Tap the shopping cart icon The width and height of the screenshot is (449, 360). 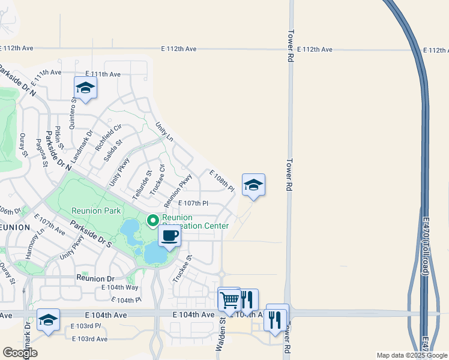pyautogui.click(x=229, y=299)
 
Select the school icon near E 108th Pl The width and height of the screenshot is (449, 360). pyautogui.click(x=253, y=185)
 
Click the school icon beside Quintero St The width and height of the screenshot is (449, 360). pyautogui.click(x=85, y=88)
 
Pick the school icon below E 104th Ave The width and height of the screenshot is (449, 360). pyautogui.click(x=48, y=320)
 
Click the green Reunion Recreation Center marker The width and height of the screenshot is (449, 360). pyautogui.click(x=152, y=221)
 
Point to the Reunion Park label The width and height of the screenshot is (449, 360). pyautogui.click(x=96, y=211)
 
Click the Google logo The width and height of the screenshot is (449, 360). pyautogui.click(x=20, y=353)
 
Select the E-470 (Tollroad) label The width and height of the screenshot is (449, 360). pyautogui.click(x=426, y=247)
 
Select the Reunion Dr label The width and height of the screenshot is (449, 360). pyautogui.click(x=95, y=278)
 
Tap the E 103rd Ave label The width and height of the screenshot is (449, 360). pyautogui.click(x=89, y=339)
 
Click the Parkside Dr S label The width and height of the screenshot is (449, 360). pyautogui.click(x=91, y=234)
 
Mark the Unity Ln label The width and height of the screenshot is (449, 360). pyautogui.click(x=164, y=132)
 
